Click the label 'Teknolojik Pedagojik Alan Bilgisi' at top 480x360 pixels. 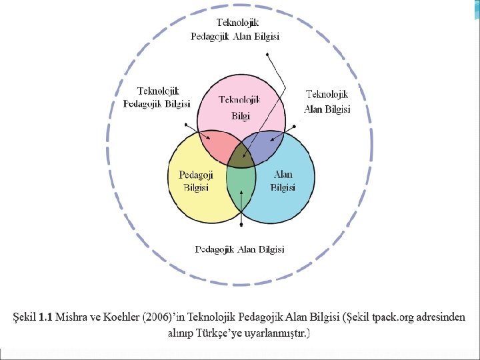point(234,30)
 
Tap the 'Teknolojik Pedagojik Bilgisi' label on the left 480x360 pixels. point(157,97)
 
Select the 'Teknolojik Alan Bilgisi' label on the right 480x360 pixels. point(327,102)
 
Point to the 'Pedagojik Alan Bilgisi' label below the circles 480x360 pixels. point(239,249)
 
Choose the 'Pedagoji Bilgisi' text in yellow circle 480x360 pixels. point(195,181)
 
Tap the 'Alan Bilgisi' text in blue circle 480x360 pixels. point(283,181)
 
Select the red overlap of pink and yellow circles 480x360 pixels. point(217,143)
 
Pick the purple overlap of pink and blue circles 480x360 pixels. point(265,145)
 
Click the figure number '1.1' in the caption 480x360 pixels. point(45,317)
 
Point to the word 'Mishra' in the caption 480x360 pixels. point(74,317)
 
